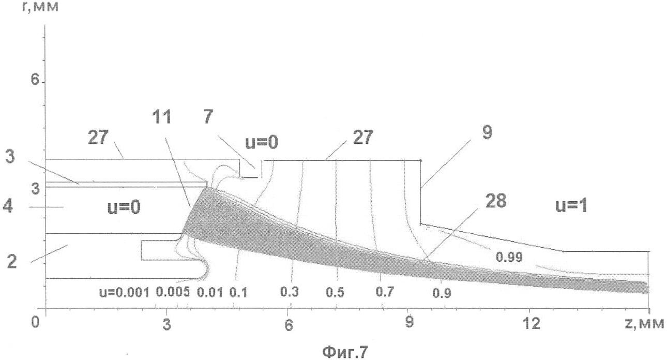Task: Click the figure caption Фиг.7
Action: click(x=345, y=352)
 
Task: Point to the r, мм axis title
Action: click(x=40, y=6)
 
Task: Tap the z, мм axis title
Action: click(x=644, y=323)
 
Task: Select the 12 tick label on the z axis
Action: click(x=532, y=323)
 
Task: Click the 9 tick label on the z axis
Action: click(x=410, y=322)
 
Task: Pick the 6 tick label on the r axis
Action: click(x=35, y=79)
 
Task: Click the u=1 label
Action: click(x=571, y=206)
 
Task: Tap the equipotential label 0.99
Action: click(x=509, y=257)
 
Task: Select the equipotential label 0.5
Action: click(x=335, y=293)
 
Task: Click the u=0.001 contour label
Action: click(x=124, y=293)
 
